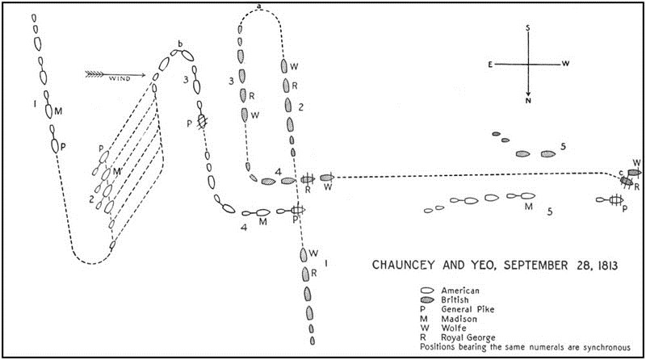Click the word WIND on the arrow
click(x=120, y=78)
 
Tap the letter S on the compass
click(x=528, y=28)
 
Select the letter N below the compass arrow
click(x=528, y=101)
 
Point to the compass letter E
click(x=490, y=65)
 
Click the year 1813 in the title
click(x=606, y=266)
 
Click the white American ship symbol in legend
click(x=427, y=291)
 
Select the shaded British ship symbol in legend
click(x=427, y=300)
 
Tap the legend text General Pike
click(x=468, y=309)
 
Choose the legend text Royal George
click(x=468, y=337)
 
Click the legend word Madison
click(x=459, y=319)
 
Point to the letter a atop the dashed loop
click(x=259, y=6)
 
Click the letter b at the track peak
click(x=180, y=44)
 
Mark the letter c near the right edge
click(x=621, y=173)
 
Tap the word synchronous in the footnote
click(x=606, y=347)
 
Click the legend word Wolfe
click(x=454, y=329)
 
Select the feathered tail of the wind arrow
click(x=94, y=74)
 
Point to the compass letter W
click(x=566, y=64)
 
